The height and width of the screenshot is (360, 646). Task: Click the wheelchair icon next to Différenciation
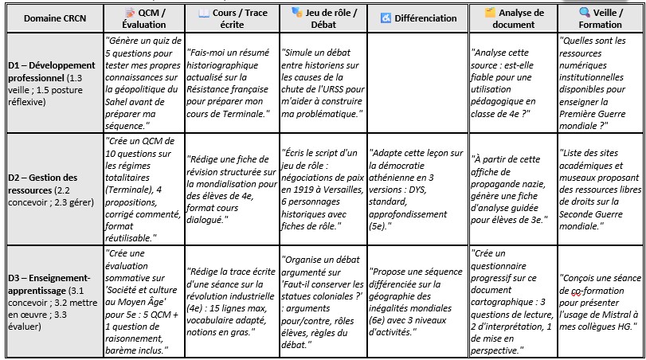tap(386, 18)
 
